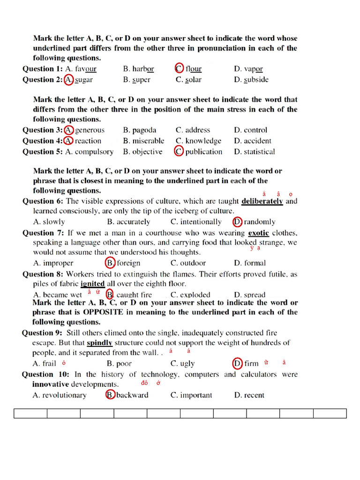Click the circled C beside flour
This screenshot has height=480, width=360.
(x=180, y=68)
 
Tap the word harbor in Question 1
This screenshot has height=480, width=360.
(x=143, y=69)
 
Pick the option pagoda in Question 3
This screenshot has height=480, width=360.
(x=144, y=130)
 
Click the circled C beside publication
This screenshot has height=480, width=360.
(x=179, y=151)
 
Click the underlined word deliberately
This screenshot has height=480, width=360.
(x=262, y=201)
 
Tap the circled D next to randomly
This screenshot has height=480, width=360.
(x=237, y=222)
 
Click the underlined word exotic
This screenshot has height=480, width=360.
(x=258, y=232)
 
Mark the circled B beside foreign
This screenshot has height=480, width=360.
(x=110, y=263)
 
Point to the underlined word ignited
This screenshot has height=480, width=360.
(x=92, y=284)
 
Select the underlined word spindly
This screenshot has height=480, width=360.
(x=99, y=343)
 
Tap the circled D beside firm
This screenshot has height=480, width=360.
(x=238, y=363)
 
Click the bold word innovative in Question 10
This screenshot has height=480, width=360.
(x=51, y=384)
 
